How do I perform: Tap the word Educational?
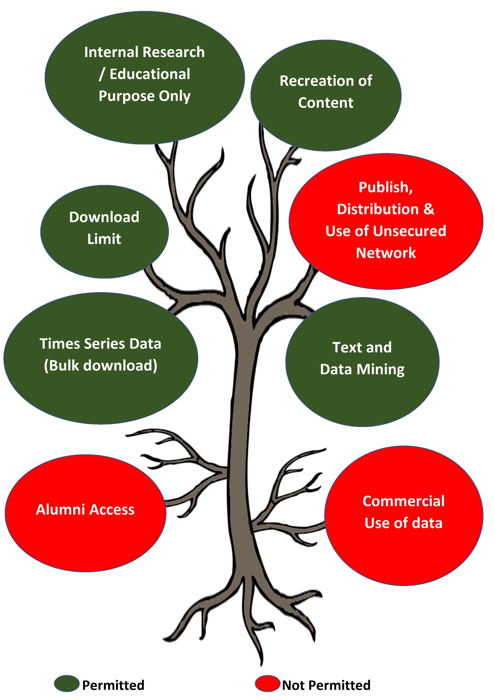click(150, 74)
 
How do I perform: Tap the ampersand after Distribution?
click(429, 209)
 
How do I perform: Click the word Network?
click(386, 253)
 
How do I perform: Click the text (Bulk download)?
click(100, 366)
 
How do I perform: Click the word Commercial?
click(404, 501)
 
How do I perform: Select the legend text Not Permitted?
click(326, 685)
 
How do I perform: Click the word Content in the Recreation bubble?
click(326, 103)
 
